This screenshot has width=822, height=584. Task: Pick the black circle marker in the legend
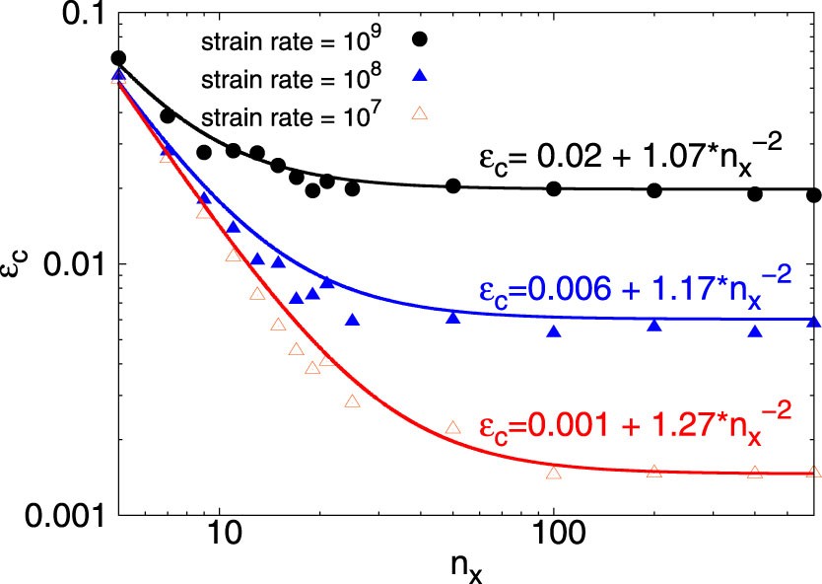tap(420, 38)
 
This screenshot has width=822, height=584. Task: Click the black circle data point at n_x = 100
tap(554, 188)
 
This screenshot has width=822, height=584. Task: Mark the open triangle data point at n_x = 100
tap(554, 473)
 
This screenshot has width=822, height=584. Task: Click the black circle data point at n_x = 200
tap(654, 189)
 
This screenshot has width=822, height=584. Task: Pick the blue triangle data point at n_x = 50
tap(453, 317)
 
